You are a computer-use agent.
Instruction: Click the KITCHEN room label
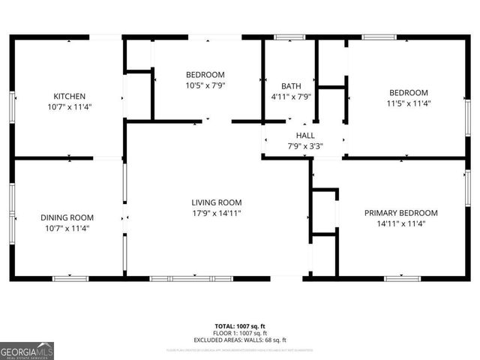[x=69, y=96]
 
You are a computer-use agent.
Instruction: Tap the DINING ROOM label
[x=67, y=217]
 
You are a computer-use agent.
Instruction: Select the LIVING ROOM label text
[x=216, y=202]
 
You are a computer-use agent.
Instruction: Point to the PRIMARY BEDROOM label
[x=400, y=212]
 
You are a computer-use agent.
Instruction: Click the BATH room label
[x=291, y=85]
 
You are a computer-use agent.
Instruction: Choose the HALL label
[x=304, y=135]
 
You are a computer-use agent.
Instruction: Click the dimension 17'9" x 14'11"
[x=216, y=213]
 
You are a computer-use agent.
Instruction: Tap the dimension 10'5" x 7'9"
[x=205, y=85]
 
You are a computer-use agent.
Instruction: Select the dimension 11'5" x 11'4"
[x=408, y=103]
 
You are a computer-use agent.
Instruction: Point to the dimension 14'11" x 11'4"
[x=400, y=223]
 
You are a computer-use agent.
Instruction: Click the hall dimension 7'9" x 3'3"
[x=304, y=146]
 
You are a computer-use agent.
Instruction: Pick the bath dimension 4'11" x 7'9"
[x=291, y=97]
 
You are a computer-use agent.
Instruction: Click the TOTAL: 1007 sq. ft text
[x=240, y=326]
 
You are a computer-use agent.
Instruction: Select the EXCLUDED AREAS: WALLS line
[x=240, y=340]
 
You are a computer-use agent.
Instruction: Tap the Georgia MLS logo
[x=27, y=350]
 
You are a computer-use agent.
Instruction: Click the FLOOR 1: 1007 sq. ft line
[x=240, y=333]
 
